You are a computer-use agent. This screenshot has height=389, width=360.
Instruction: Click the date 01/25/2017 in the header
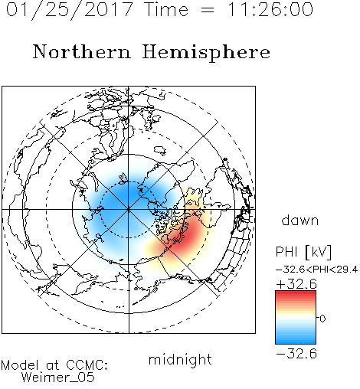point(70,10)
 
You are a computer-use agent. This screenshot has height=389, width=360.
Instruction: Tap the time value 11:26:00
point(270,10)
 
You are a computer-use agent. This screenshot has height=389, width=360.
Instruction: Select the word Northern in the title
point(82,51)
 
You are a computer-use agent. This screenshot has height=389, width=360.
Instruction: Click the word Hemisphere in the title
point(206,53)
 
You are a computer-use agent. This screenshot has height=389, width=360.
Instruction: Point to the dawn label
point(300,220)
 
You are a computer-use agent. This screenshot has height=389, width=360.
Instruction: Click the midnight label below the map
point(180,359)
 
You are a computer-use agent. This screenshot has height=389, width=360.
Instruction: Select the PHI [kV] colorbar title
point(303,252)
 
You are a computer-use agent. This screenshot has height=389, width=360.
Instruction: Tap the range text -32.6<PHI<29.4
point(316,270)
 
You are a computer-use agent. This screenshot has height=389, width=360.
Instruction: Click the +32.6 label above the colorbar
point(296,284)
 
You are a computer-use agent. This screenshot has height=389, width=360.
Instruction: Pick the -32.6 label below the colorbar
point(296,354)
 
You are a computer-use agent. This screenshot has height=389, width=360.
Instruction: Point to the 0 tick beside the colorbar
point(322,319)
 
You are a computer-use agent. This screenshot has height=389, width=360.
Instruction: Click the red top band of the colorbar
point(296,294)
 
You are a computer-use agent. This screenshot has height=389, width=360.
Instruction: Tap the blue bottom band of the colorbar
point(296,341)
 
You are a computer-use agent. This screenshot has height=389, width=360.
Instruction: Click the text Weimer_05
point(58,378)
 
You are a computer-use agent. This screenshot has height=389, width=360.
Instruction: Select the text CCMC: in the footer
point(87,365)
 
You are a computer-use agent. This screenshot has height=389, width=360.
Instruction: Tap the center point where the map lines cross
point(129,209)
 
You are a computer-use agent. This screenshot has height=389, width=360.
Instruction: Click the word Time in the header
point(166,10)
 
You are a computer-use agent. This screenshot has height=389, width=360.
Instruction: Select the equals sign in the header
point(208,11)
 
